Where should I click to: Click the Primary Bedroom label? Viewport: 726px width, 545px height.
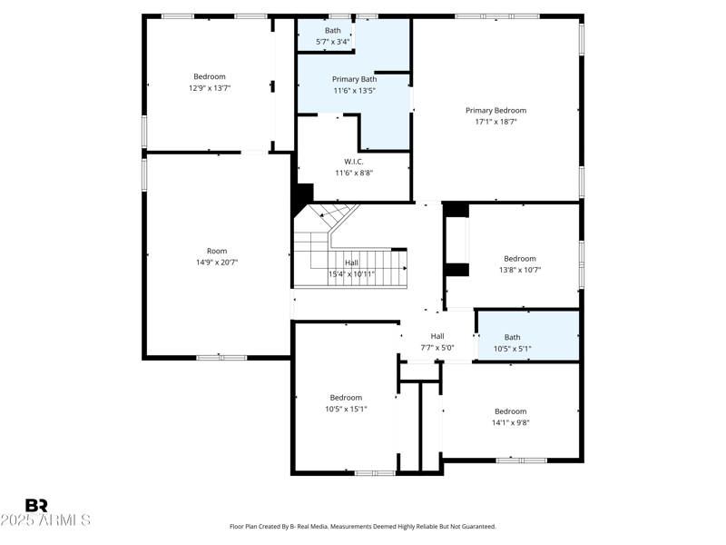pyautogui.click(x=495, y=111)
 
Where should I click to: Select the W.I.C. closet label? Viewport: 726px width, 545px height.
pyautogui.click(x=354, y=162)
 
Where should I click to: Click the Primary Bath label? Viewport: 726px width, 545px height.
pyautogui.click(x=354, y=79)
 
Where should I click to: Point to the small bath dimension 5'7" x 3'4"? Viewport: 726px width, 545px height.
pyautogui.click(x=333, y=42)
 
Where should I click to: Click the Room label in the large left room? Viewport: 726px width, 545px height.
pyautogui.click(x=217, y=251)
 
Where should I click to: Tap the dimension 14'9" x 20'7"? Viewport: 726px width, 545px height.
pyautogui.click(x=217, y=262)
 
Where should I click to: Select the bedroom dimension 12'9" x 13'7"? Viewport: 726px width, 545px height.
pyautogui.click(x=209, y=88)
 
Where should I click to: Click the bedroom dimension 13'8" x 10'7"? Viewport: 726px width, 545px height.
pyautogui.click(x=520, y=270)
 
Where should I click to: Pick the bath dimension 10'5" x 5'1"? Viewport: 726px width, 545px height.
pyautogui.click(x=513, y=348)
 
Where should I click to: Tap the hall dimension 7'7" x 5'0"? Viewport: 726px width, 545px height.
pyautogui.click(x=437, y=347)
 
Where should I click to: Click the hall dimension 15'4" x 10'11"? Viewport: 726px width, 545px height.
pyautogui.click(x=351, y=273)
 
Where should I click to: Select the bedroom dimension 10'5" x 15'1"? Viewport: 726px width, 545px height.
pyautogui.click(x=346, y=409)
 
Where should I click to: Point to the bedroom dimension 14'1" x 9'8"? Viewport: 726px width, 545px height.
pyautogui.click(x=510, y=422)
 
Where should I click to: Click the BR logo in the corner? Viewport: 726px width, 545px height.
pyautogui.click(x=36, y=506)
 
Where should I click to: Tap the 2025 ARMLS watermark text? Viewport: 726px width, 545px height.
pyautogui.click(x=45, y=520)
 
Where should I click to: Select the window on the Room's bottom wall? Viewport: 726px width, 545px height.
pyautogui.click(x=221, y=357)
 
